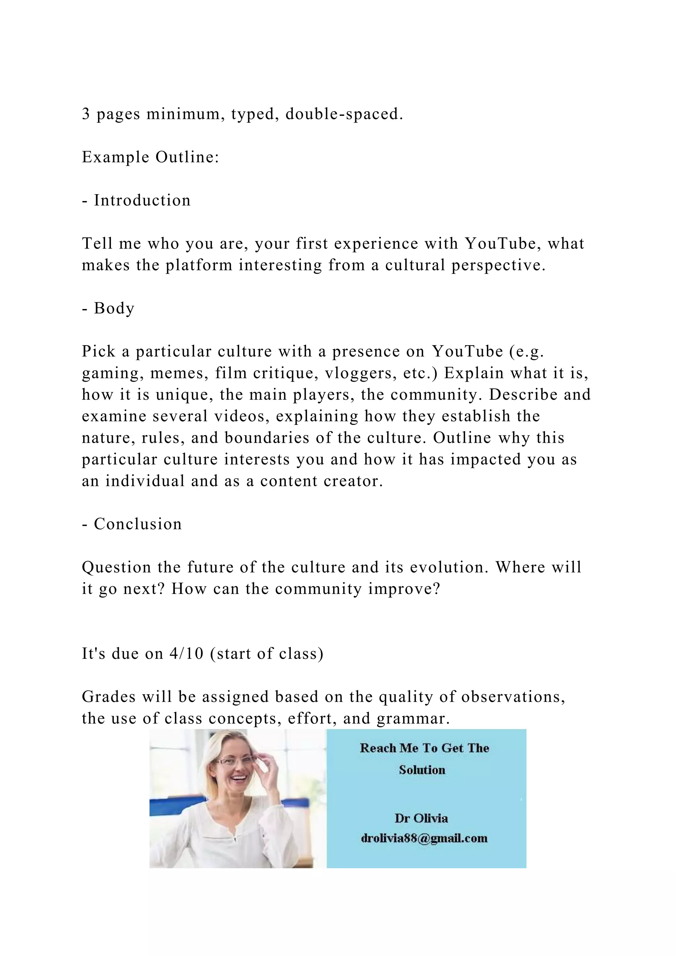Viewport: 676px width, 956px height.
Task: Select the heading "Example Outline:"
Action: click(150, 157)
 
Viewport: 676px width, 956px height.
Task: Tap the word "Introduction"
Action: click(142, 200)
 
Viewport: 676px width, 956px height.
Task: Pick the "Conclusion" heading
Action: click(137, 524)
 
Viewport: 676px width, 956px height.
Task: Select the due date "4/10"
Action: click(186, 653)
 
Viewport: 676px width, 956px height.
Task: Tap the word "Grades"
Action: click(109, 697)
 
